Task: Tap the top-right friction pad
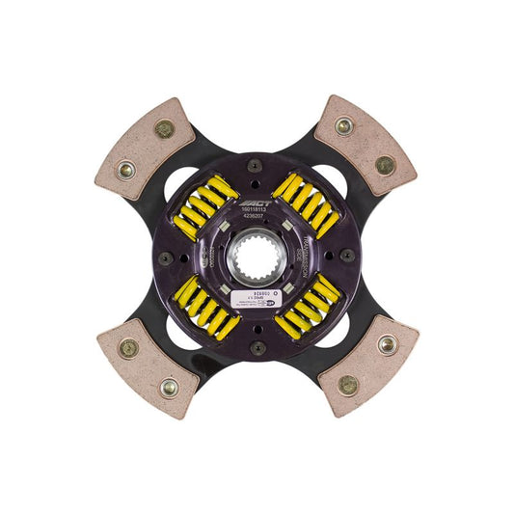pos(365,144)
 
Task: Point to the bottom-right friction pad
pos(367,365)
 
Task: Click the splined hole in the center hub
pos(257,257)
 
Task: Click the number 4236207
pos(257,214)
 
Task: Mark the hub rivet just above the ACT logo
pos(256,164)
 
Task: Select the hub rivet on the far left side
pos(165,257)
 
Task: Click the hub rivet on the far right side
pos(348,256)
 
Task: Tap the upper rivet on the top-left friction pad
pos(165,128)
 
